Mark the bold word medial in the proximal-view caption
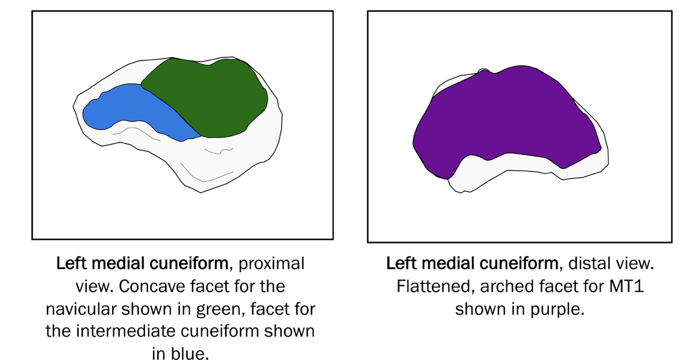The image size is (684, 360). pos(112,264)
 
